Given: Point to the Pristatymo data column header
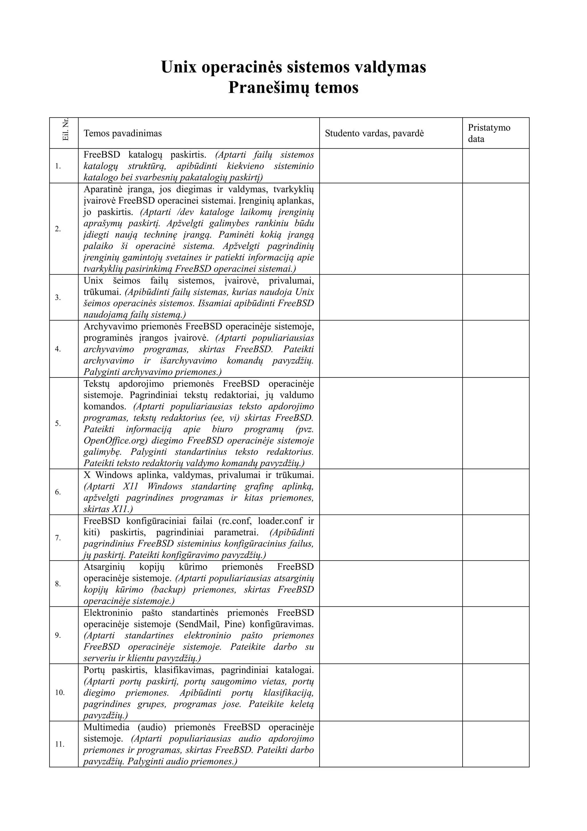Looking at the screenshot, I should point(489,133).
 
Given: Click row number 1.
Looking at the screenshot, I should point(58,166).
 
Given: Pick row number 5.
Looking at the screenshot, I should point(58,423).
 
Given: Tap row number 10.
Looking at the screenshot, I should point(60,692).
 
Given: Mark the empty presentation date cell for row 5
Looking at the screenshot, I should point(496,423).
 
